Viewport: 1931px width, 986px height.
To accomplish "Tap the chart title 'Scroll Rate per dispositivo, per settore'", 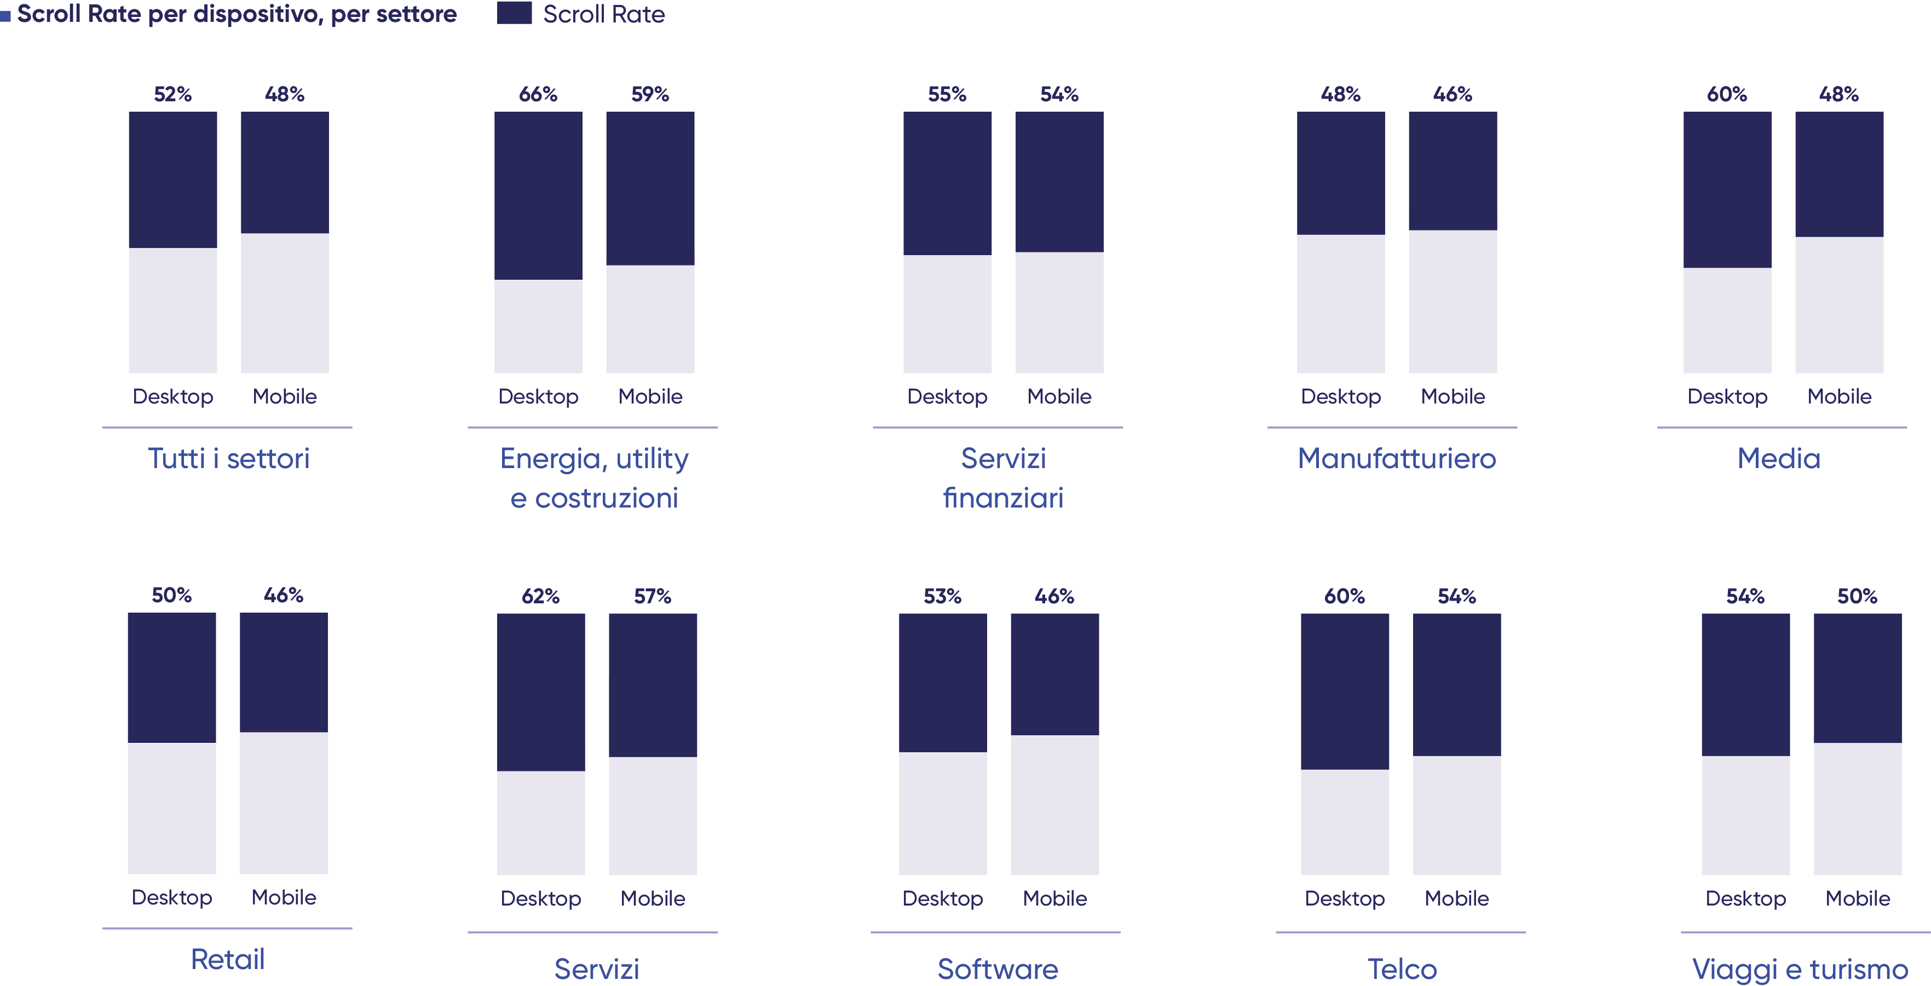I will [x=236, y=14].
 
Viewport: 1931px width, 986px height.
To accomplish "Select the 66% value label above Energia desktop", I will [x=538, y=95].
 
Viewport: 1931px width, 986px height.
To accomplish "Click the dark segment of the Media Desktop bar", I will [x=1727, y=189].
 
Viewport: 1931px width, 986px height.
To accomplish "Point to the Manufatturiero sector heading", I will [x=1397, y=458].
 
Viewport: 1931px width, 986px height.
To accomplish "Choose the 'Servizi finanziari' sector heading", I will [x=1003, y=477].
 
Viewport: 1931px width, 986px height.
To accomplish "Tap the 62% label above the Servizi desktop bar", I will [x=540, y=596].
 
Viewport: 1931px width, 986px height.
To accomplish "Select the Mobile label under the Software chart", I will [x=1054, y=898].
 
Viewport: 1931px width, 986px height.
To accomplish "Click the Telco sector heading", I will [x=1402, y=968].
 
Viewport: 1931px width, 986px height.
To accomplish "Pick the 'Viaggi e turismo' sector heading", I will [x=1799, y=968].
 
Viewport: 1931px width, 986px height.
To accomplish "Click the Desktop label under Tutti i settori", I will [x=172, y=397].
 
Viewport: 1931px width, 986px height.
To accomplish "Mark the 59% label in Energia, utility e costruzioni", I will [x=650, y=95].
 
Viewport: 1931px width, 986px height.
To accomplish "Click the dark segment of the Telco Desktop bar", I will [x=1345, y=690].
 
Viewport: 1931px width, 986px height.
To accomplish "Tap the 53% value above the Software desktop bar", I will [x=942, y=596].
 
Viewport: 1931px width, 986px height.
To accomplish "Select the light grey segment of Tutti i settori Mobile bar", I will [x=284, y=302].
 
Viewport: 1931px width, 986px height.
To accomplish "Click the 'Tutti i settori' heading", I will [x=229, y=458].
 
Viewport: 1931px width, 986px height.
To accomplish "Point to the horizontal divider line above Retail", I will [x=227, y=929].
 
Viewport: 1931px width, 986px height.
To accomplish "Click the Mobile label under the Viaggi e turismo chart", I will [x=1858, y=898].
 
